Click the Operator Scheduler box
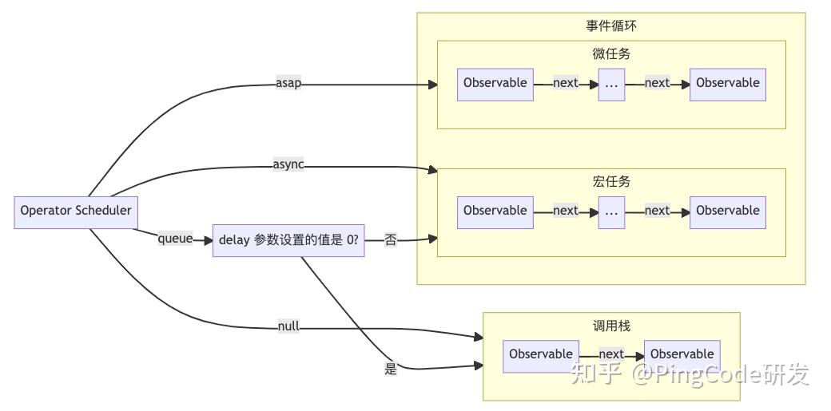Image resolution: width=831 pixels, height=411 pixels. (x=76, y=211)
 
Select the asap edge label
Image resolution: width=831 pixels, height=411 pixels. (x=288, y=83)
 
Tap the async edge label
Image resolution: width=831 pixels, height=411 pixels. (x=288, y=165)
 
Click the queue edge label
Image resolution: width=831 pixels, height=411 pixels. (x=175, y=238)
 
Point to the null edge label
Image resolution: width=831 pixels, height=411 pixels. (x=288, y=326)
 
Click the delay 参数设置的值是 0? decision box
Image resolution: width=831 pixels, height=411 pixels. (x=288, y=239)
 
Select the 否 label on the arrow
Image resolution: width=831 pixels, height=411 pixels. (x=391, y=239)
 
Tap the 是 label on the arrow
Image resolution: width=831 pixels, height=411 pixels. (x=391, y=369)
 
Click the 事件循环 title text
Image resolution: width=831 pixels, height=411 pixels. (x=611, y=26)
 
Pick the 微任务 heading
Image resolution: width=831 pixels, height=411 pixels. (x=611, y=54)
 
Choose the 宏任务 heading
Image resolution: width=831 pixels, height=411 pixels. (x=611, y=182)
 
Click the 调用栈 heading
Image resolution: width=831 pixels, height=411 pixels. (x=611, y=326)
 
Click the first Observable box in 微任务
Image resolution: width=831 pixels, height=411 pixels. (x=495, y=83)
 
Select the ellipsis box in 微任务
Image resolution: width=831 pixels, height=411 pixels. (x=611, y=83)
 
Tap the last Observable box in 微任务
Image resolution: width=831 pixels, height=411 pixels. (x=728, y=83)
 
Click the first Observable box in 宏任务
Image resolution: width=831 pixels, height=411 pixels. (x=495, y=211)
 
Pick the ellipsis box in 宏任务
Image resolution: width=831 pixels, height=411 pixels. (x=611, y=211)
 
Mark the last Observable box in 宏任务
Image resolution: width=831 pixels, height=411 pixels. (x=728, y=211)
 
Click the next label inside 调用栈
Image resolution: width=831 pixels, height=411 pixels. (x=611, y=354)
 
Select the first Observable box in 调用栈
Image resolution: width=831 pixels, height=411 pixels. (x=541, y=354)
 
